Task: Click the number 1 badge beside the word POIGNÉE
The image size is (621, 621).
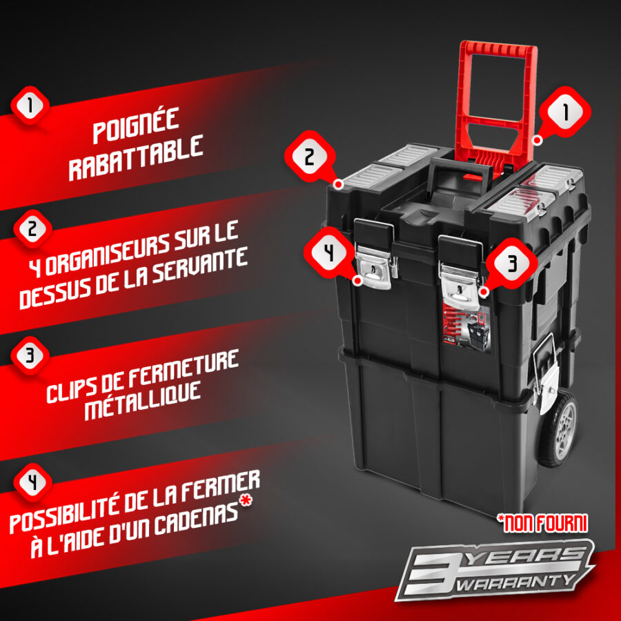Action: (30, 106)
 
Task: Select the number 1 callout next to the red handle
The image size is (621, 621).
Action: (564, 112)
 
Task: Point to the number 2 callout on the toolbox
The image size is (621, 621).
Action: (310, 156)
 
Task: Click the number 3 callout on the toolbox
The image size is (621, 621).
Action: (512, 264)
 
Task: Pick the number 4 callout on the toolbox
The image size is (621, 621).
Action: (330, 253)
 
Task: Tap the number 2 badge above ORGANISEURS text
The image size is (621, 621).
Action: (32, 229)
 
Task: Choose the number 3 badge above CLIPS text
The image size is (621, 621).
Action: (30, 355)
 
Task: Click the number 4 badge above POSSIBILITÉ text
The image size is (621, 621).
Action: (32, 482)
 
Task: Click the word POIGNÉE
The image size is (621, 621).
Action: (136, 125)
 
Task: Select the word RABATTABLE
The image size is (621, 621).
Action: (136, 157)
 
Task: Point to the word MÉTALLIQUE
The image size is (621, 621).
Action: (143, 400)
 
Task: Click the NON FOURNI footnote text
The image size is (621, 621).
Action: (542, 523)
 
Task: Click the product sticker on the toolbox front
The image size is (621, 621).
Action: (466, 326)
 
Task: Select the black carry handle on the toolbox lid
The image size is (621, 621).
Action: (460, 170)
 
